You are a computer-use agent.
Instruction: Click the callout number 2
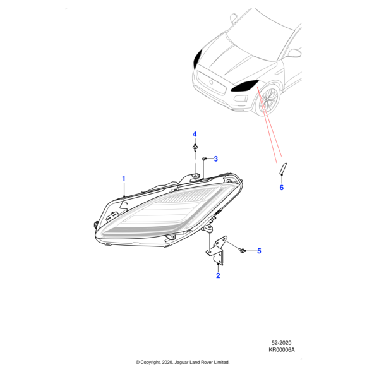pyautogui.click(x=218, y=275)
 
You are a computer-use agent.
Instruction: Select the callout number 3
pyautogui.click(x=215, y=159)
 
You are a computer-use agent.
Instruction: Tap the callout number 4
pyautogui.click(x=195, y=135)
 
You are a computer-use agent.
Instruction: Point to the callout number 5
pyautogui.click(x=258, y=251)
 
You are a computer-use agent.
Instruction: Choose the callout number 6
pyautogui.click(x=282, y=188)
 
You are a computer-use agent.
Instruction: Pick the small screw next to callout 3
pyautogui.click(x=205, y=159)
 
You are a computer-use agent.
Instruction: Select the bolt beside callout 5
pyautogui.click(x=243, y=251)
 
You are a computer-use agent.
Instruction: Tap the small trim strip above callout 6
pyautogui.click(x=283, y=169)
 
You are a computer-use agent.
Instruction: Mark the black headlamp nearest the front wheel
pyautogui.click(x=244, y=87)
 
